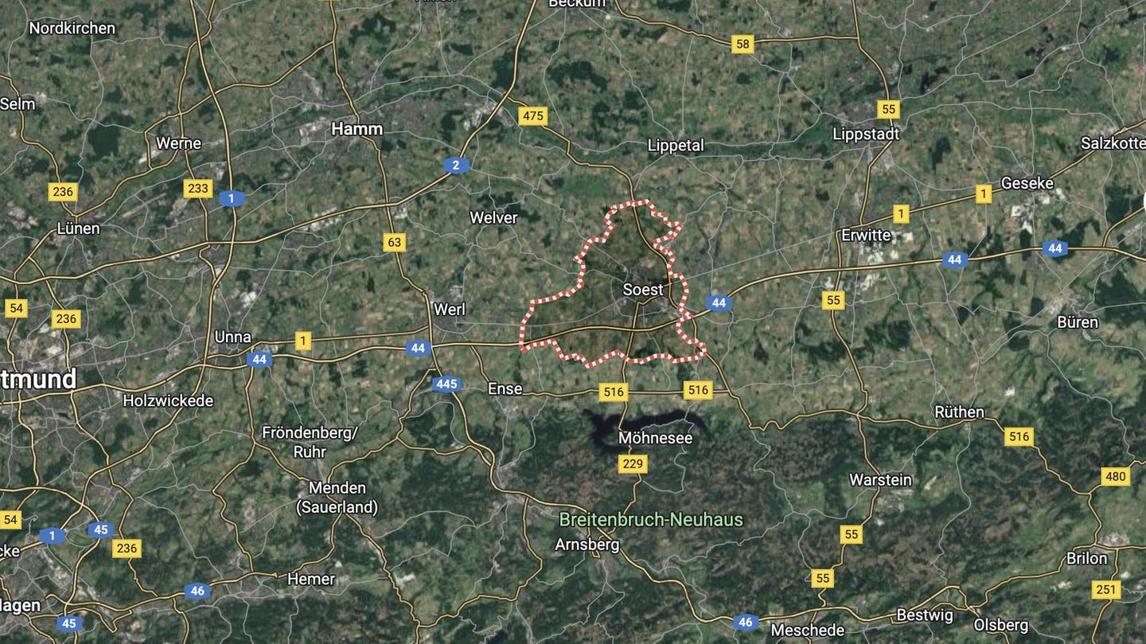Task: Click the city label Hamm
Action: tap(357, 128)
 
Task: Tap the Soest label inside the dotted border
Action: tap(643, 290)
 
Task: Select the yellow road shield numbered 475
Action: tap(532, 115)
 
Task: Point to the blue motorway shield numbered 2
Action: tap(456, 165)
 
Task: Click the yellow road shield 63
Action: tap(394, 242)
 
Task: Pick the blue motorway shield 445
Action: tap(446, 384)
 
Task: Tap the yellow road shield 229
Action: tap(633, 464)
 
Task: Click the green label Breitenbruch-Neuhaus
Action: tap(651, 520)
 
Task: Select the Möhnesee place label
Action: tap(656, 438)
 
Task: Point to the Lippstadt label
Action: tap(866, 134)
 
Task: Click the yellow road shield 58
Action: tap(743, 44)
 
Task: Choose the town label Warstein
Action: tap(880, 480)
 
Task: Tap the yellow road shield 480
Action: tap(1116, 476)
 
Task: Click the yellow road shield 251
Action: tap(1105, 590)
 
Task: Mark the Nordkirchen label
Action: tap(72, 28)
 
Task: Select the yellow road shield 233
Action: tap(197, 188)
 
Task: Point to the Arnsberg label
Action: tap(587, 544)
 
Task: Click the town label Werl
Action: tap(450, 309)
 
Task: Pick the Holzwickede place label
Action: tap(168, 400)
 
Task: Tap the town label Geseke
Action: tap(1027, 183)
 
